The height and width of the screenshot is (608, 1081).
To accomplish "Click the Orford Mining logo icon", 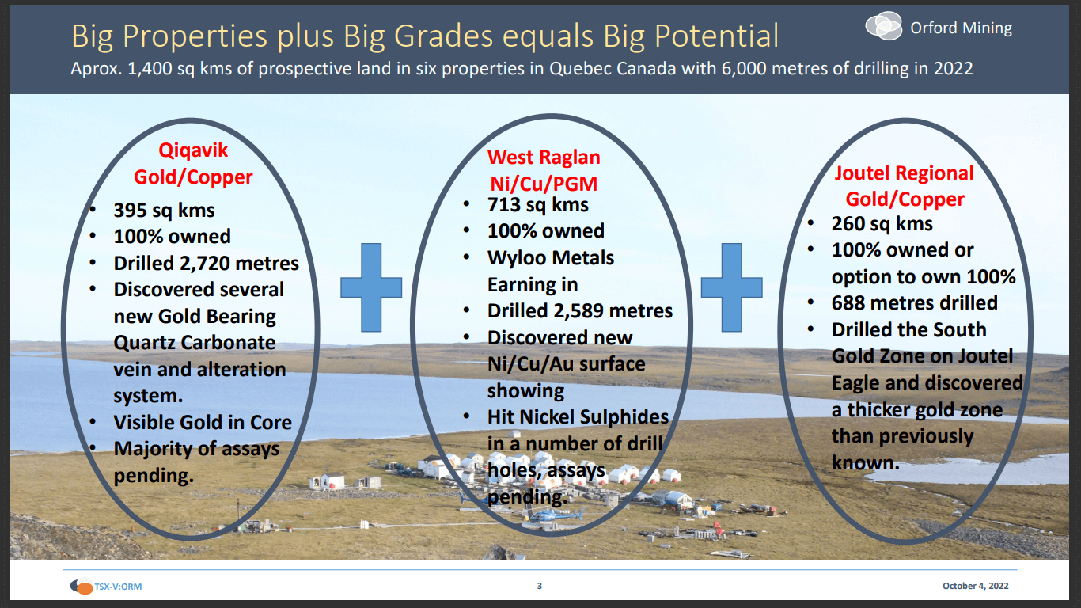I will coord(883,27).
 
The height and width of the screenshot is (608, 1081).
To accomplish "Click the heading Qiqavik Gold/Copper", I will coord(193,163).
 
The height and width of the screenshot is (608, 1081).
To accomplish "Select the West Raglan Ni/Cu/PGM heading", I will coord(543,170).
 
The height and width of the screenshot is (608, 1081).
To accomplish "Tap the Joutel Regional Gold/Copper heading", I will coord(905,186).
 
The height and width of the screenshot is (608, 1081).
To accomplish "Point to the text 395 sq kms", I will coord(164,210).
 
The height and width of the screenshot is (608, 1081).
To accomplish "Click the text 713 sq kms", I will coord(537,204).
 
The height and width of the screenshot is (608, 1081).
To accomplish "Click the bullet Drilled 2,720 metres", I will coord(206,263).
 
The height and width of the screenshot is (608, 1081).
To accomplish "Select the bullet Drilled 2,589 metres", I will coord(579,311).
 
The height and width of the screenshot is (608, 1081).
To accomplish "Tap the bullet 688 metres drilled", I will coord(914,302).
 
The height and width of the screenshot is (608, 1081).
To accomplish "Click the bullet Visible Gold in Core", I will coord(203,422).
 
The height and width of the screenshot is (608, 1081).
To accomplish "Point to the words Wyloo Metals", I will coord(550,258).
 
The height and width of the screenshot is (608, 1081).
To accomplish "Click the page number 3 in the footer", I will coord(540,587).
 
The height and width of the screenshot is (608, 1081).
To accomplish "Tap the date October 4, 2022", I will coord(975,587).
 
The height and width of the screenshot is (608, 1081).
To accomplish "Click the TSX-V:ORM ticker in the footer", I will coord(117,587).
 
